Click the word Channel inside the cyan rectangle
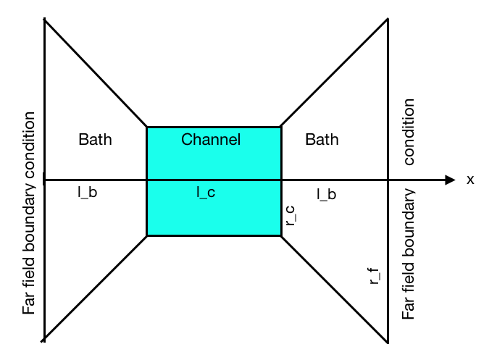(x=210, y=139)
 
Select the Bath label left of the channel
(x=95, y=139)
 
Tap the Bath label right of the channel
(x=322, y=139)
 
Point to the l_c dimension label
(x=206, y=193)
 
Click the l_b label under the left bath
(x=87, y=193)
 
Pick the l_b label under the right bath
(x=326, y=194)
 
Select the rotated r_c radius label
(x=290, y=217)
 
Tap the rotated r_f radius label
(x=375, y=276)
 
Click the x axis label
(x=470, y=180)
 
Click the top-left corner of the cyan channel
(x=147, y=127)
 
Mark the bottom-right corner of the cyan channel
(x=280, y=235)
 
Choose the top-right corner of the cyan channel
(x=280, y=127)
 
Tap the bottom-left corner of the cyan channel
(x=147, y=235)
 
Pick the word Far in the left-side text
(x=29, y=304)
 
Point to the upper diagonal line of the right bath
(x=333, y=72)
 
